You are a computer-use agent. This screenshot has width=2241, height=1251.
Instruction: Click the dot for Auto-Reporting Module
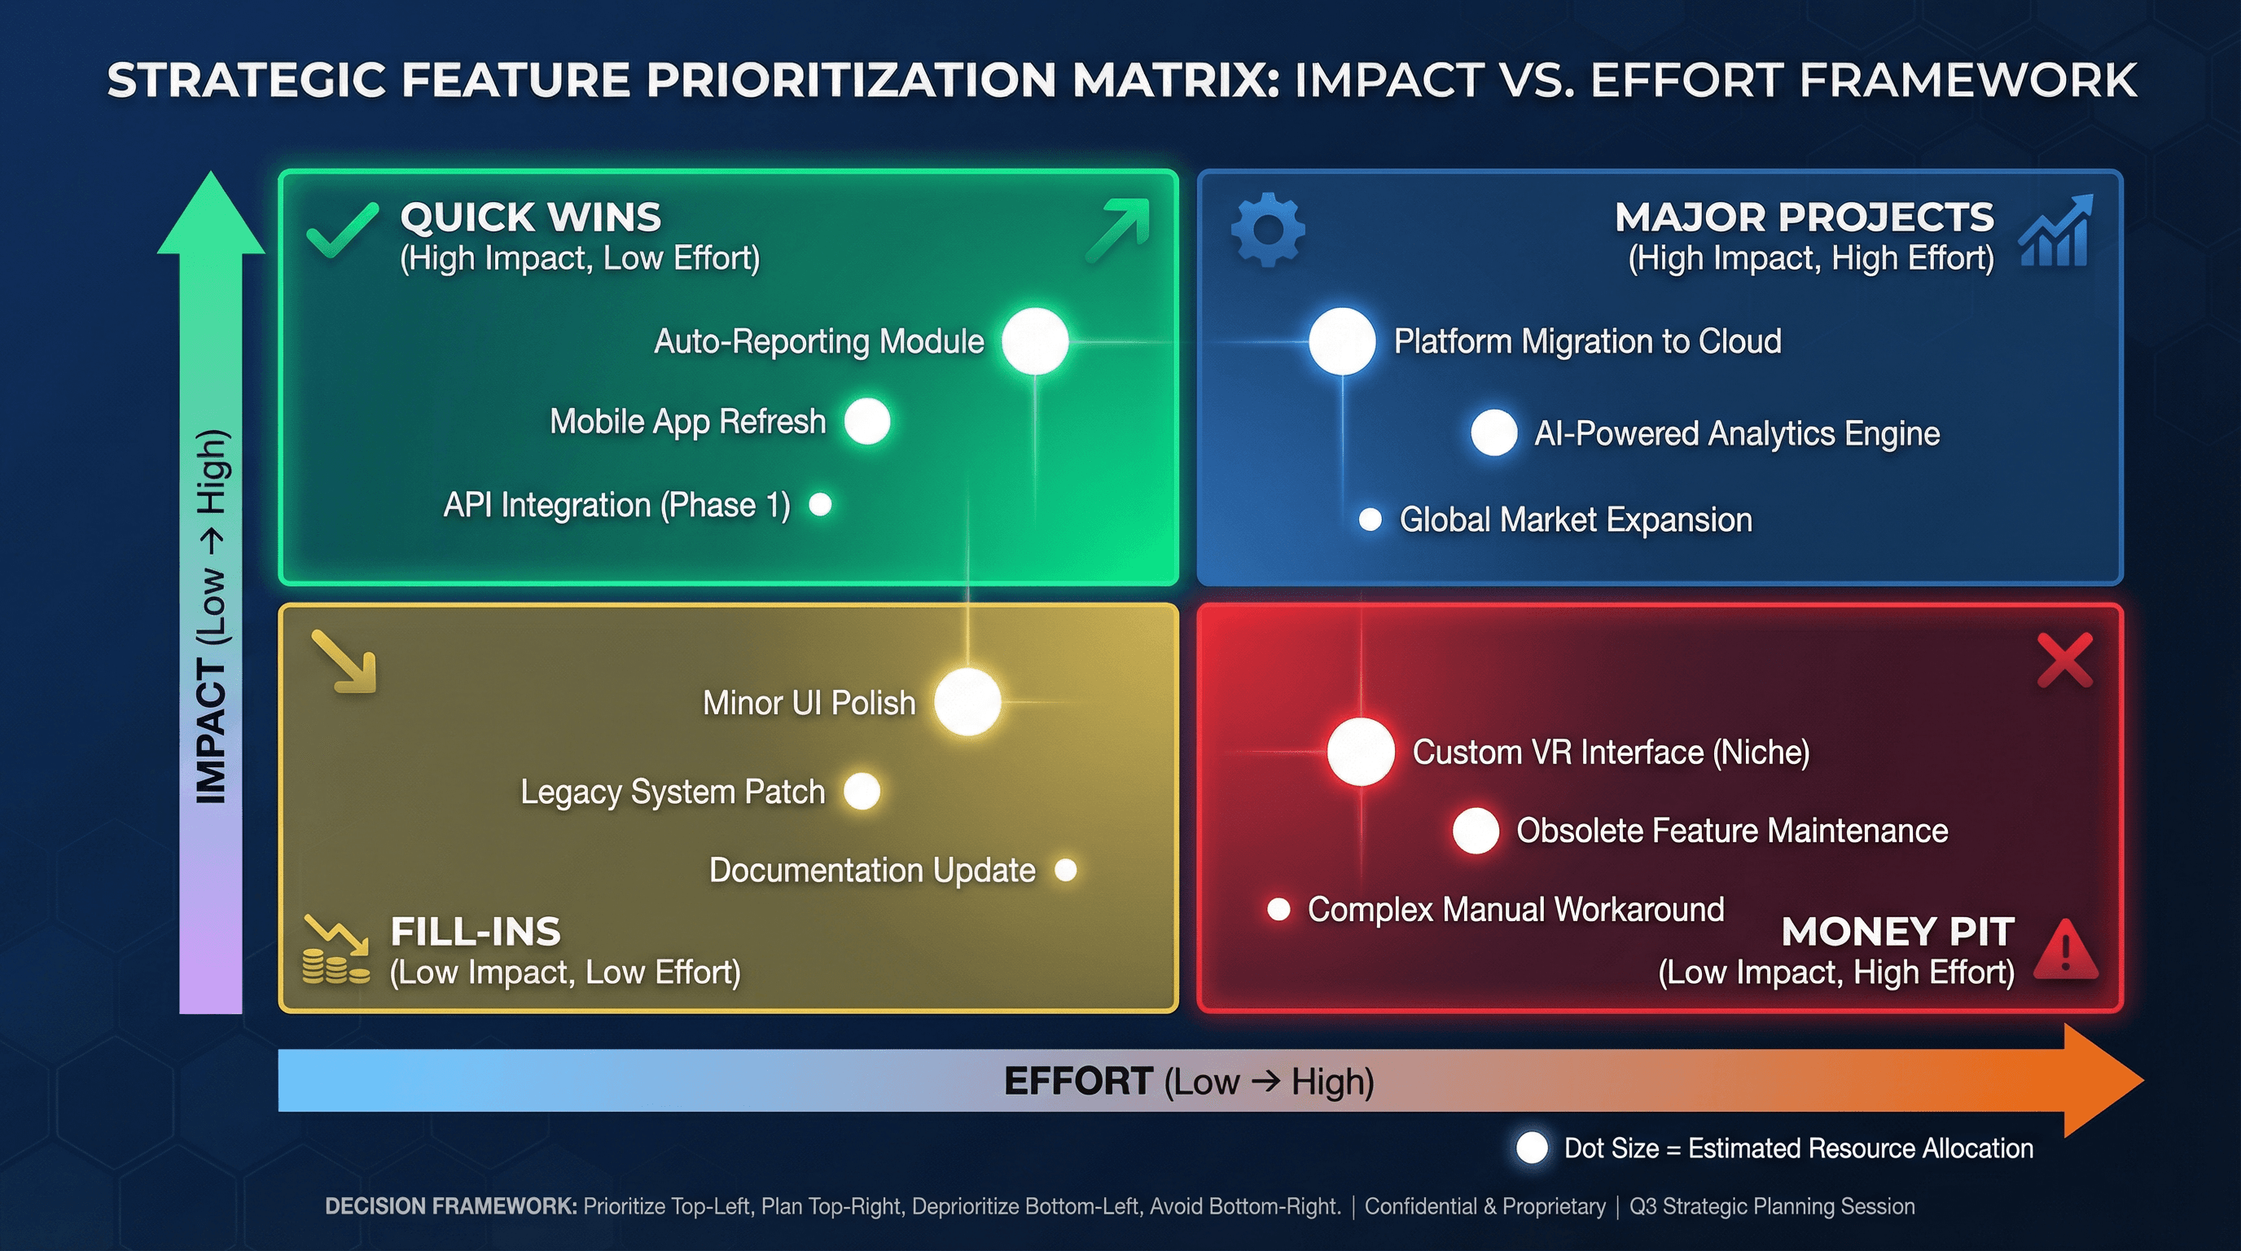tap(1034, 341)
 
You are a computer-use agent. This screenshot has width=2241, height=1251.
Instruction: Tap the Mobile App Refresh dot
tap(867, 421)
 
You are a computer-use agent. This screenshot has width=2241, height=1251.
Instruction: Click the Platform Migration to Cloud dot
tap(1341, 341)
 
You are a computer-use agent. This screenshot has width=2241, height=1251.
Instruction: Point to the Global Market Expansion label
tap(1575, 520)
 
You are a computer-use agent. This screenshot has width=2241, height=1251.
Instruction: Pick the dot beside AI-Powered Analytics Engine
tap(1493, 432)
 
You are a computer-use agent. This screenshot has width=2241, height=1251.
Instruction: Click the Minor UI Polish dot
tap(967, 701)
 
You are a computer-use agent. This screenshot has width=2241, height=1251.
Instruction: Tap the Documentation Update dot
tap(1066, 869)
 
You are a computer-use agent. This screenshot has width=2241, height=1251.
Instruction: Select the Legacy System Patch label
tap(673, 792)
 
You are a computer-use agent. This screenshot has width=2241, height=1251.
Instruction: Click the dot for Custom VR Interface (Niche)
tap(1361, 752)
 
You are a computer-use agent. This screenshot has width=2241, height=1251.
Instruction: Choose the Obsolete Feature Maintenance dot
tap(1476, 830)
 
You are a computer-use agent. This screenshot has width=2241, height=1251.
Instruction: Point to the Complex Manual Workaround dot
tap(1278, 909)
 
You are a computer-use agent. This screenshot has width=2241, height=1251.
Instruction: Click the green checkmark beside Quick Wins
tap(342, 230)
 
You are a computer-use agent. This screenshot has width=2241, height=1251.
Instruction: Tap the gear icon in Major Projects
tap(1268, 230)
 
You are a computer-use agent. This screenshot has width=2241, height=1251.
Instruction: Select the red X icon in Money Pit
tap(2064, 661)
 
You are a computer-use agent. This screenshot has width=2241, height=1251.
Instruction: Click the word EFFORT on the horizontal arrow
tap(1078, 1082)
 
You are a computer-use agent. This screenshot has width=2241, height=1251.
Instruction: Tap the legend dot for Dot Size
tap(1531, 1148)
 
